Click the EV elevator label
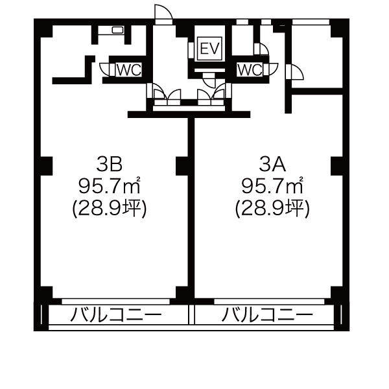point(210,49)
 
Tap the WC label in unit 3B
point(129,70)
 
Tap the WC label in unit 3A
point(250,70)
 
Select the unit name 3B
point(110,165)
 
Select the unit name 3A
point(272,165)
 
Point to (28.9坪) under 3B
point(110,208)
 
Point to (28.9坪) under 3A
point(272,208)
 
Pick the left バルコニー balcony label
point(116,315)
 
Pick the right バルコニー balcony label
point(267,315)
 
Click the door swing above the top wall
point(163,12)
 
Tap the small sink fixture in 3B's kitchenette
point(117,30)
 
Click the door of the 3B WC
point(107,69)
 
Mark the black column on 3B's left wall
point(46,166)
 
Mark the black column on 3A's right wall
point(337,166)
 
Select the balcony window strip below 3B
point(115,301)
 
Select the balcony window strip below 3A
point(269,301)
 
